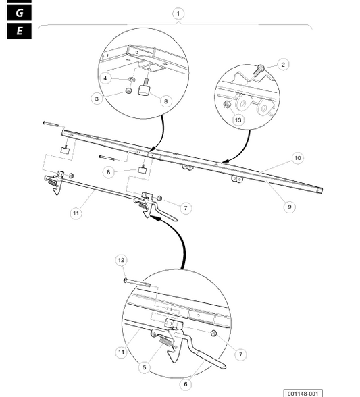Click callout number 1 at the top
(178, 14)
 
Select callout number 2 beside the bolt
(283, 65)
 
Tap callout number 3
(97, 99)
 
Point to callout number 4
(105, 78)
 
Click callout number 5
(145, 367)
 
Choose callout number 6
(186, 384)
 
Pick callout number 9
(290, 207)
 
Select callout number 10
(297, 158)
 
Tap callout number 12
(121, 260)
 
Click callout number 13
(238, 120)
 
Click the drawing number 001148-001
(303, 394)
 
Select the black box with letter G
(20, 12)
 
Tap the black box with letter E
(20, 31)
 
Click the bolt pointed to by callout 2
(258, 71)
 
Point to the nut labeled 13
(226, 104)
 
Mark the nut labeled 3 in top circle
(129, 90)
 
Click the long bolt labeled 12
(137, 282)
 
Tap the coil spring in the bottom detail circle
(166, 341)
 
